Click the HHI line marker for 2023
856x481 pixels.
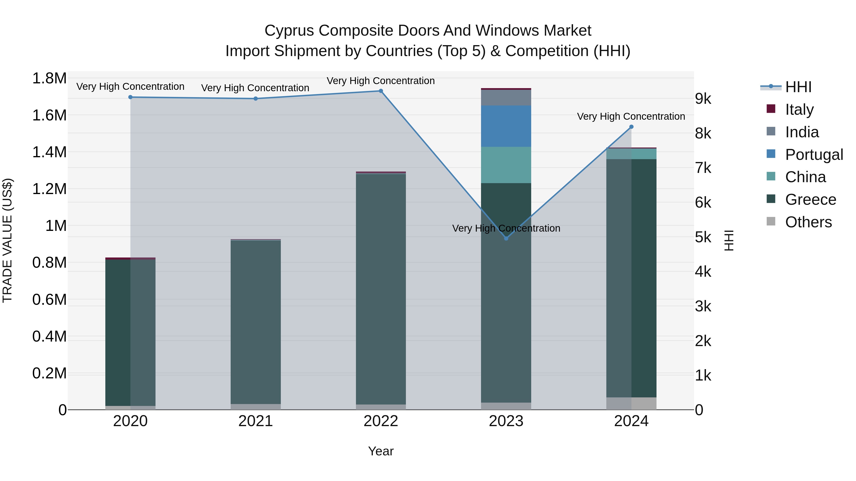tap(506, 238)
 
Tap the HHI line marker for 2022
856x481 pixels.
tap(381, 91)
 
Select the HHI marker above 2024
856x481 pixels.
tap(631, 127)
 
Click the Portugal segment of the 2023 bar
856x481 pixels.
tap(506, 126)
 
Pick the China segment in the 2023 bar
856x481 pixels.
tap(506, 165)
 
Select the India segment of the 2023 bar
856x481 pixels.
tap(506, 98)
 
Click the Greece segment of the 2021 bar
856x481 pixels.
tap(256, 322)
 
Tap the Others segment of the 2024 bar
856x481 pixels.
tap(631, 403)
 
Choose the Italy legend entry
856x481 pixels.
tap(799, 110)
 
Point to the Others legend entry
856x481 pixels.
tap(808, 222)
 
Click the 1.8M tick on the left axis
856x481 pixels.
tap(49, 79)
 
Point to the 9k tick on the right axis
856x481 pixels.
tap(703, 99)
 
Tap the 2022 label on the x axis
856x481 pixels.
tap(381, 421)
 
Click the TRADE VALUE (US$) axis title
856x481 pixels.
tap(7, 240)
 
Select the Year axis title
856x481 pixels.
tap(381, 451)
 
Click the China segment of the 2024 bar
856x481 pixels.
tap(631, 154)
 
